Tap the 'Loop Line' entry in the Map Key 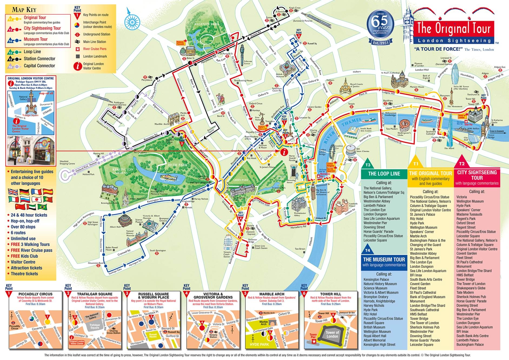[32, 52]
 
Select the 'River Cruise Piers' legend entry [95, 49]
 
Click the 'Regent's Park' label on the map [207, 24]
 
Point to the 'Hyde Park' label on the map [178, 165]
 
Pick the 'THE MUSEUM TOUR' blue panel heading [384, 259]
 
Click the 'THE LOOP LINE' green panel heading [384, 174]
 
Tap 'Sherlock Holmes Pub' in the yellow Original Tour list [424, 327]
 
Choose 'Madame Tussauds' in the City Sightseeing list [469, 214]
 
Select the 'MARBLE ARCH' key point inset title [272, 294]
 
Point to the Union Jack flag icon [13, 192]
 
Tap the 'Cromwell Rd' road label [124, 252]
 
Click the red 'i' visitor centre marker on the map [284, 152]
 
